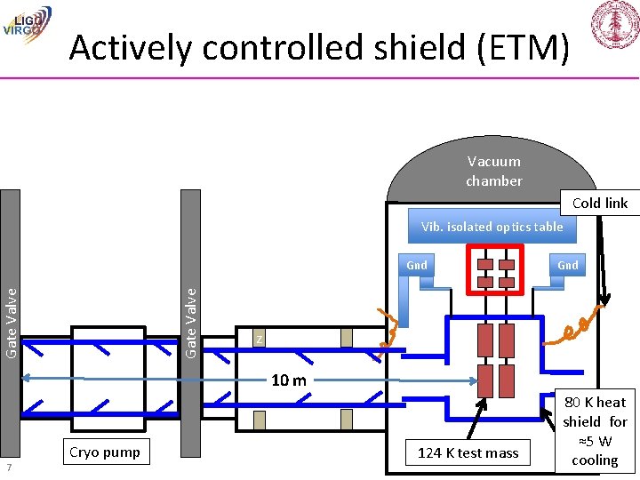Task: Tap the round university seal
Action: pos(613,24)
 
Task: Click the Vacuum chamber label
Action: pos(493,171)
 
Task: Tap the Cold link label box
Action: pos(599,203)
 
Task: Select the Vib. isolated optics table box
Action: pos(492,227)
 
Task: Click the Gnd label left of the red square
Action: pos(416,265)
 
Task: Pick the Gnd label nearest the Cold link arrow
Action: pos(567,265)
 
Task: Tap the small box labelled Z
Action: pos(258,340)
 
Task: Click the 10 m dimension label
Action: pos(288,380)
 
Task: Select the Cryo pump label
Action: pos(104,452)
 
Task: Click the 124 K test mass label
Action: pos(468,452)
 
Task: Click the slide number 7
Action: pos(7,468)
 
